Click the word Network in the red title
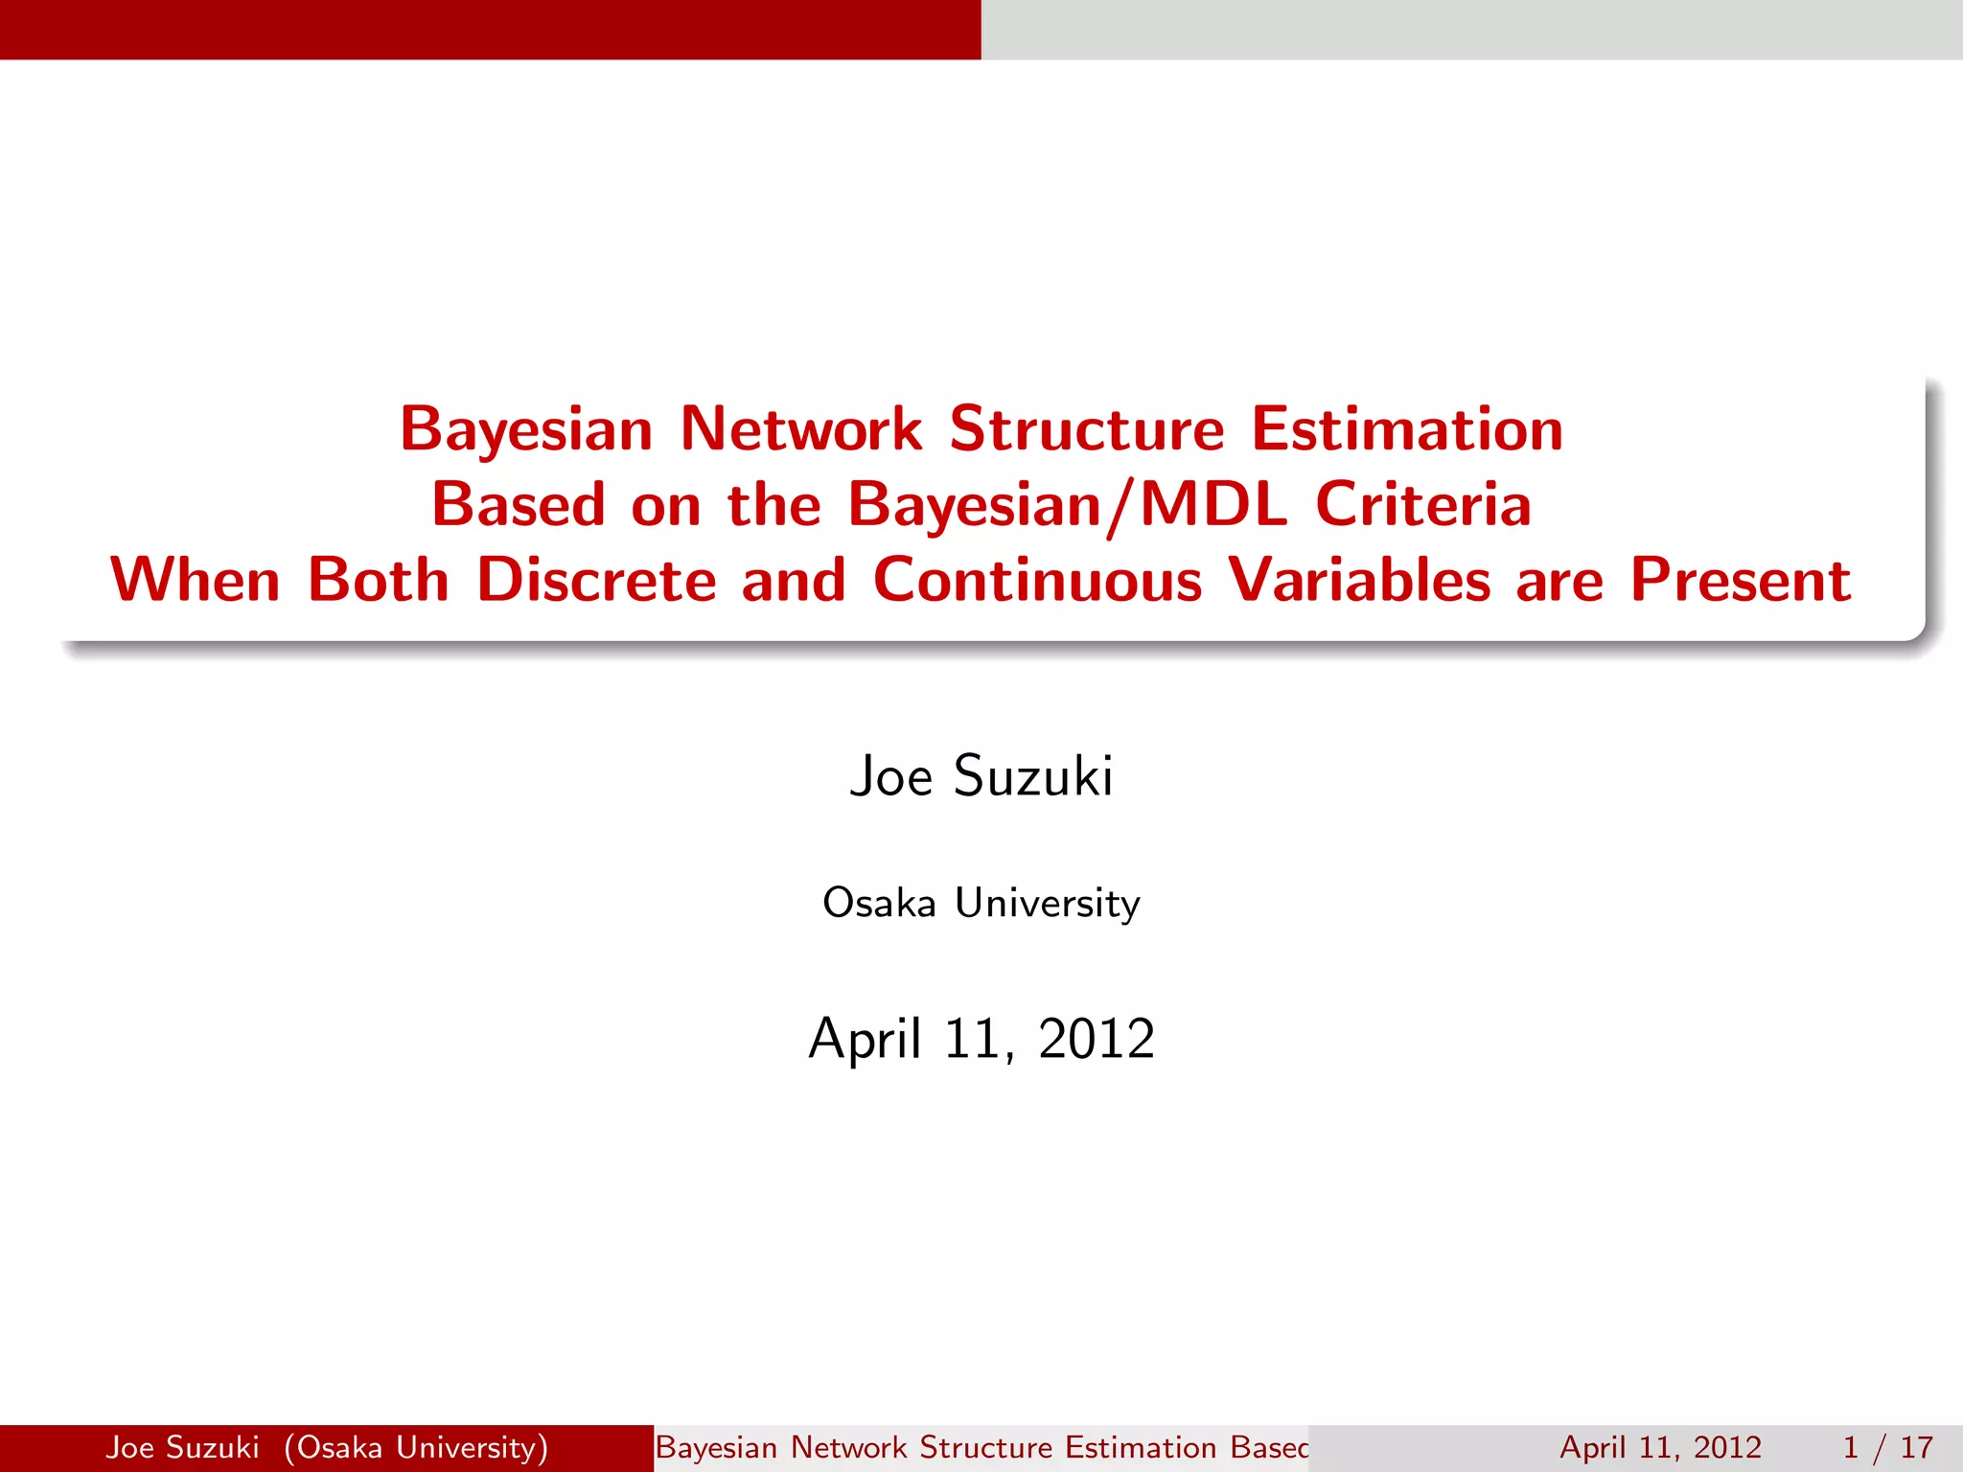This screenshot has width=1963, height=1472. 801,428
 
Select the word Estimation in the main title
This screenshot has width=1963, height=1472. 1407,428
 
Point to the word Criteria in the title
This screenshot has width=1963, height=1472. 1423,505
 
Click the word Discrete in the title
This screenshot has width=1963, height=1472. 596,581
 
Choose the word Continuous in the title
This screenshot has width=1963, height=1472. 1037,581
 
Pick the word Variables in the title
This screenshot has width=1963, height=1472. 1359,581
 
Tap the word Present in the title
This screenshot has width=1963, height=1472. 1741,581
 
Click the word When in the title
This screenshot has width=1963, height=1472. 196,581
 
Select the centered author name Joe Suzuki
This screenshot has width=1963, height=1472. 981,775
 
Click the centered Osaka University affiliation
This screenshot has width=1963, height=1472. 981,903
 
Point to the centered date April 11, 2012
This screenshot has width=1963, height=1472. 981,1038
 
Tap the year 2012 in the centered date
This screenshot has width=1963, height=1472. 1097,1038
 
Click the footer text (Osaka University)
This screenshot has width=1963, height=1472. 416,1447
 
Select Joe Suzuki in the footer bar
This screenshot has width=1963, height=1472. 182,1447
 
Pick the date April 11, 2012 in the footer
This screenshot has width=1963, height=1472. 1661,1447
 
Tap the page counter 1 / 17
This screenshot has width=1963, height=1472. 1887,1447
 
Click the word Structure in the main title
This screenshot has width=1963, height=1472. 1087,428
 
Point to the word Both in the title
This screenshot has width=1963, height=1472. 379,581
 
